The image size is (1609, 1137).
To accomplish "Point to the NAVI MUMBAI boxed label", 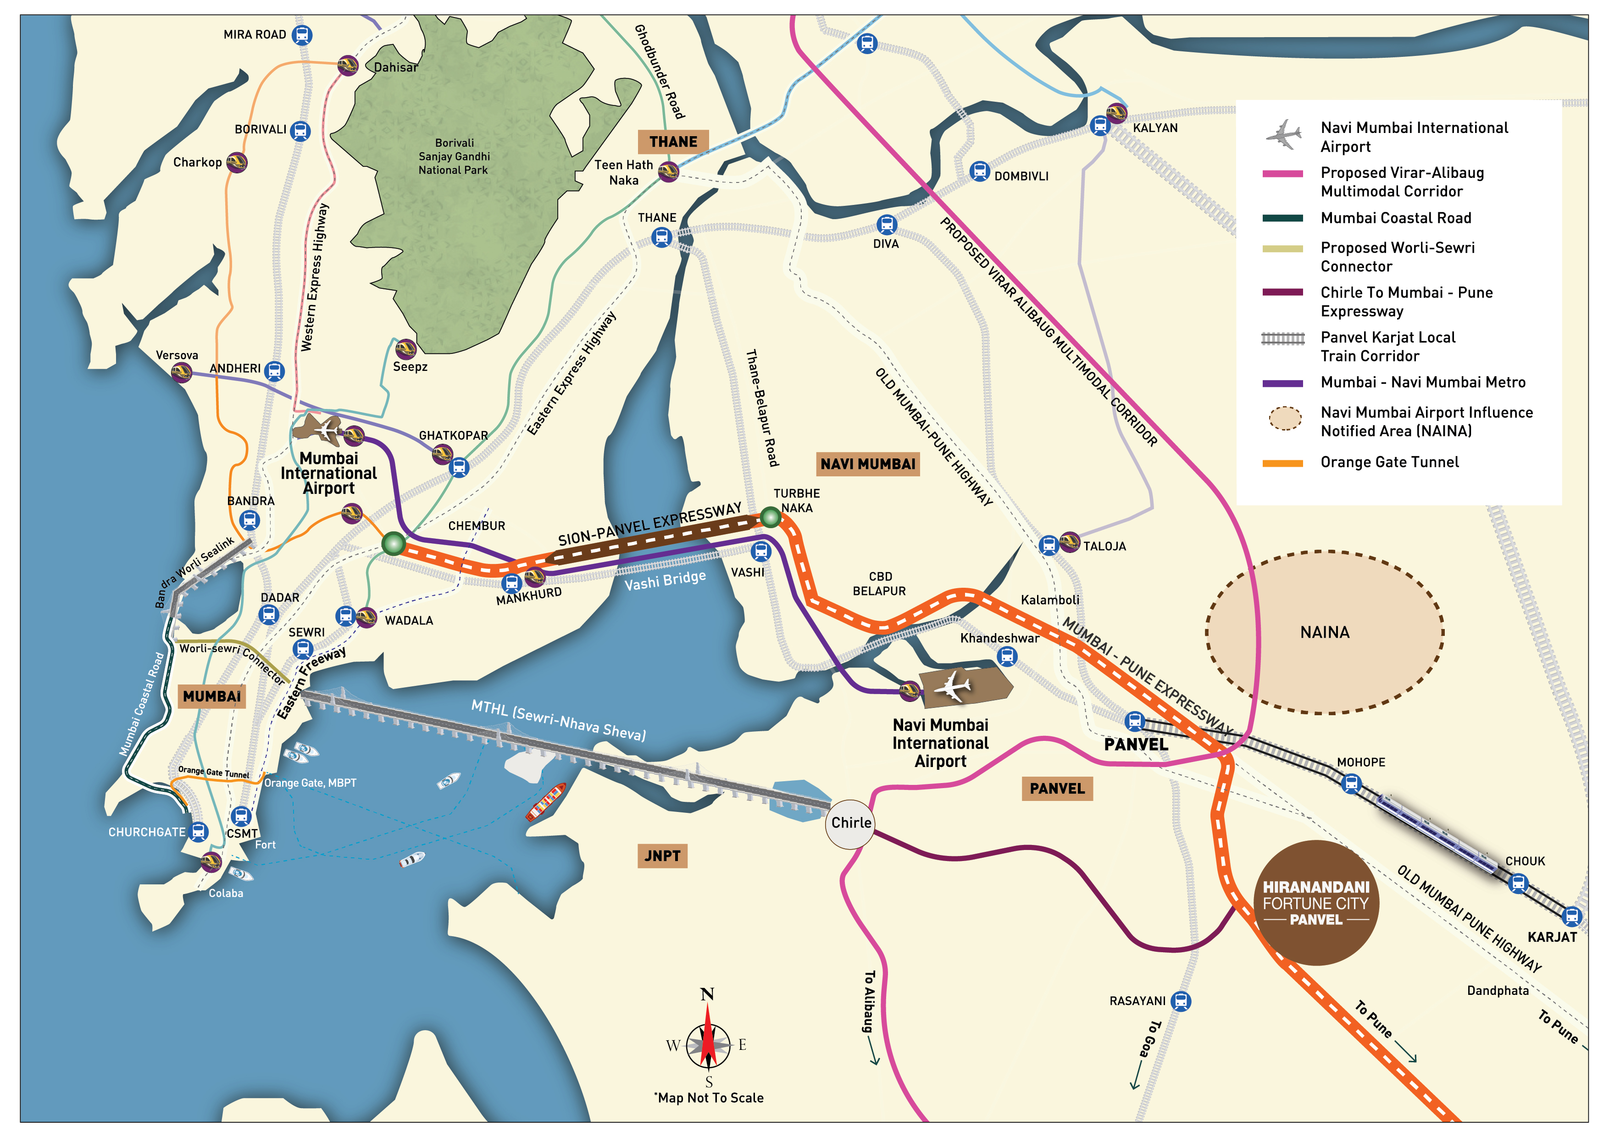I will click(868, 464).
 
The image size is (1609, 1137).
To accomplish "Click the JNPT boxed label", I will click(661, 856).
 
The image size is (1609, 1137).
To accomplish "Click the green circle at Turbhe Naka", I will click(770, 518).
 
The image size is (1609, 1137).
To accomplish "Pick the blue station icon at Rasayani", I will click(1181, 1001).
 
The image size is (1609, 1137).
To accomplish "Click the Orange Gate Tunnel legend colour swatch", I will click(1282, 463).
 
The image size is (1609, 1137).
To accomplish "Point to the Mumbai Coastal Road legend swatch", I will click(1282, 218).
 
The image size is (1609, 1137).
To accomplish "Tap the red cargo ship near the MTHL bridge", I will click(546, 802).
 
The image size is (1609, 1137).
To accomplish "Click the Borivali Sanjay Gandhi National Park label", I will click(454, 156).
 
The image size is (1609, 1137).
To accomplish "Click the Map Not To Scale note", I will click(709, 1098).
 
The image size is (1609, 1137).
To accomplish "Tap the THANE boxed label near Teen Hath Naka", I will click(673, 142).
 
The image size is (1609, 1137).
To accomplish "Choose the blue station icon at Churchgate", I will click(198, 832).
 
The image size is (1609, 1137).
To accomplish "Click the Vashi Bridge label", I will click(665, 580).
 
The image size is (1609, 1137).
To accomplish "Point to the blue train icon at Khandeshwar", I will click(1007, 656).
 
